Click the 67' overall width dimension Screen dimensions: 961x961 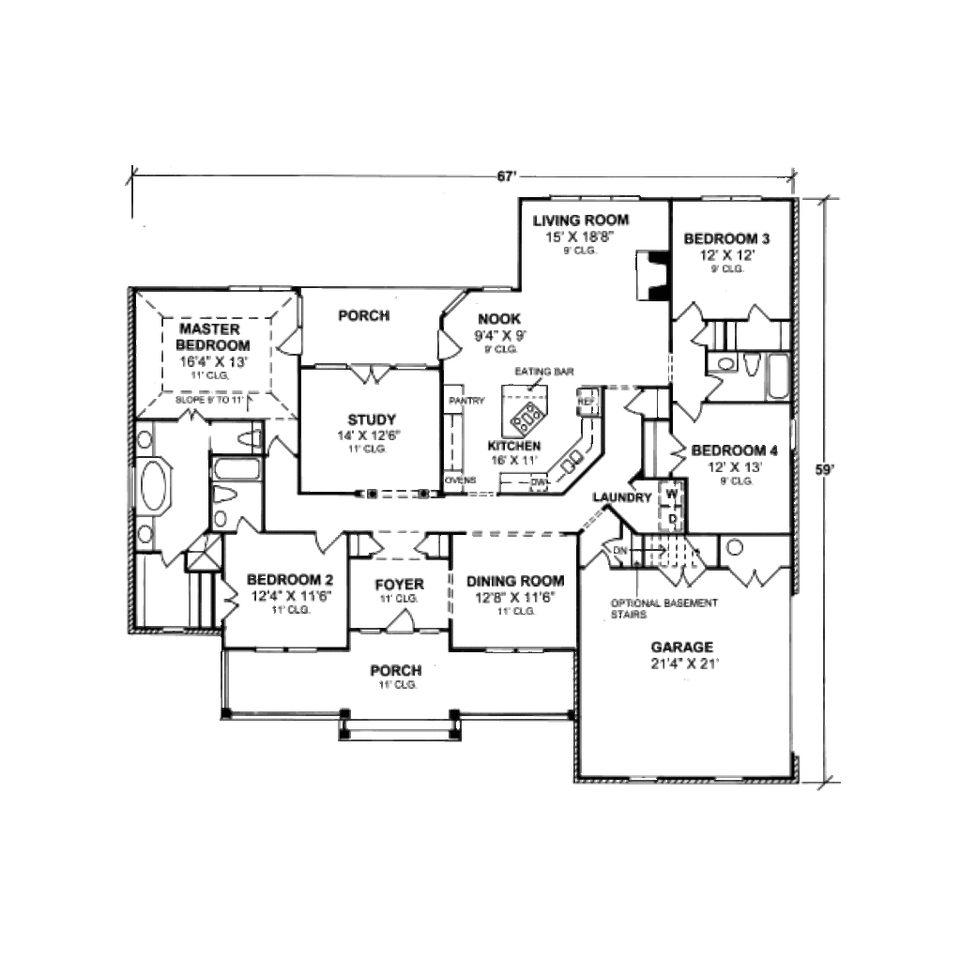508,175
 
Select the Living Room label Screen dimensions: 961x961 581,221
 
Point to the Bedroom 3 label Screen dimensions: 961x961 726,238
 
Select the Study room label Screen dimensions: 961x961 371,419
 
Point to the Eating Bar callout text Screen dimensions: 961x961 543,372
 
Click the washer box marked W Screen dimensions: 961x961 673,493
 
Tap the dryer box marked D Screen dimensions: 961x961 673,517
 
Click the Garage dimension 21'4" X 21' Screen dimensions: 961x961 684,664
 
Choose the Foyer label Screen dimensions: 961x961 399,584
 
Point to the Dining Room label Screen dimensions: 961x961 515,581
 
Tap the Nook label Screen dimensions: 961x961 498,319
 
